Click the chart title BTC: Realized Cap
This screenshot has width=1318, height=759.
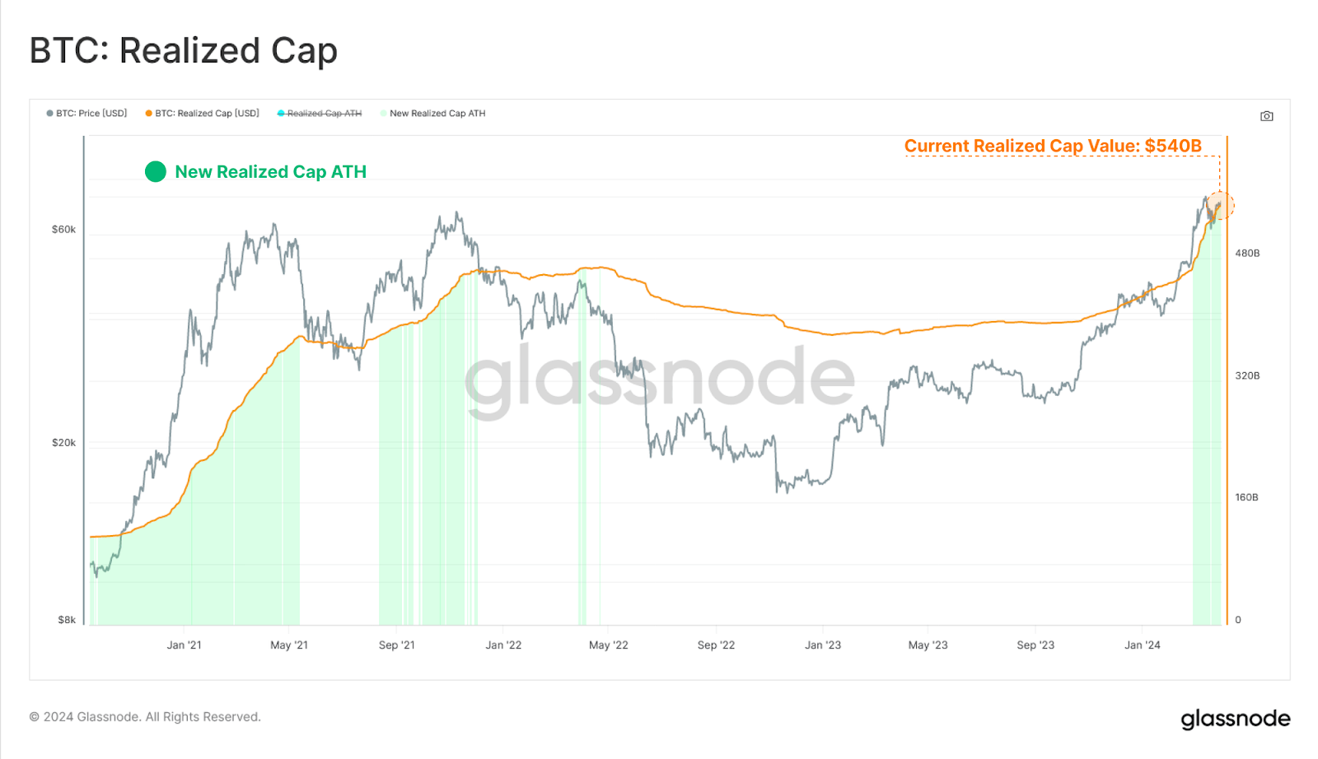tap(183, 51)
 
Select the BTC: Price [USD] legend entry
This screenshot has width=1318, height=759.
tap(86, 114)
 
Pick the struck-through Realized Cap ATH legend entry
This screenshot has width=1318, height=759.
tap(320, 114)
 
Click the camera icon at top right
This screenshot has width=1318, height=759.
tap(1267, 116)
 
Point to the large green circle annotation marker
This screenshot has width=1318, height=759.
tap(156, 171)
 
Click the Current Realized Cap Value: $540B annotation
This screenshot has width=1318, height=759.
tap(1053, 146)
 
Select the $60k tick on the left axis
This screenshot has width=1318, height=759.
tap(63, 230)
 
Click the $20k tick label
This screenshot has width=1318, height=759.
tap(63, 443)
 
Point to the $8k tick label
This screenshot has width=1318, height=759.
tap(67, 620)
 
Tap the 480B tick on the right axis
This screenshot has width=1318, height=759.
tap(1247, 254)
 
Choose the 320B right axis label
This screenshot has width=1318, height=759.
tap(1247, 376)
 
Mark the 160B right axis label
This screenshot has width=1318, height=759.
tap(1246, 498)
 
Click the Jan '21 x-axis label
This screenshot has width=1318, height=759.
tap(184, 645)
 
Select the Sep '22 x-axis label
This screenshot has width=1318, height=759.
tap(716, 645)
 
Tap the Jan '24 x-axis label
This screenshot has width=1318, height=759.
tap(1142, 645)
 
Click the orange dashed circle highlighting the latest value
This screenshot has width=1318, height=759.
tap(1220, 206)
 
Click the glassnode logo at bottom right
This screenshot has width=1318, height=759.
tap(1235, 719)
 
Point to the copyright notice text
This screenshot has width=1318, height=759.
tap(145, 717)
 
